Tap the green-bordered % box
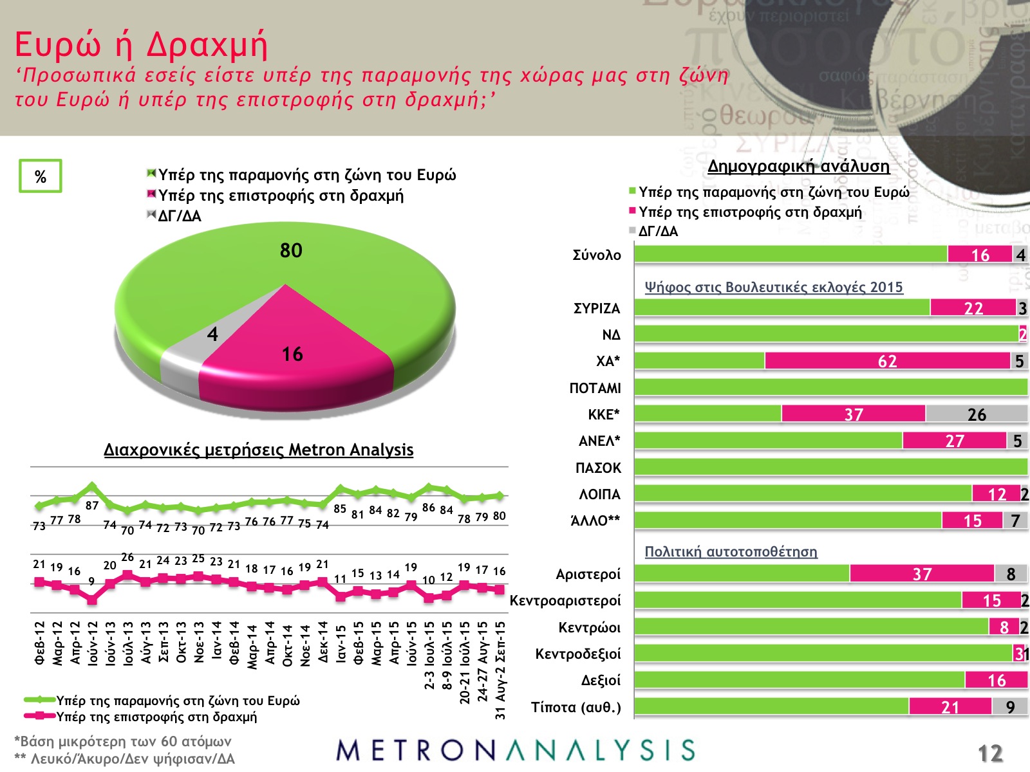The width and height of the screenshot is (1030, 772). tap(40, 176)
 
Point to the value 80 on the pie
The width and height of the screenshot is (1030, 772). tap(291, 250)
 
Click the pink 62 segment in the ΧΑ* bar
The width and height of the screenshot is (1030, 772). tap(887, 361)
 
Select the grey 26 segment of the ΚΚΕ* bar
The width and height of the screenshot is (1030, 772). tap(976, 414)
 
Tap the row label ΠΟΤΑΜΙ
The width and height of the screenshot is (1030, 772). tap(595, 388)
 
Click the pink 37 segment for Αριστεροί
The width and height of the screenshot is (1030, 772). tap(922, 574)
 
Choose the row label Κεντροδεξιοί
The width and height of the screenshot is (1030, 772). tap(578, 654)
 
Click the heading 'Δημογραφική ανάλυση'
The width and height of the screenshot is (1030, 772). tap(798, 166)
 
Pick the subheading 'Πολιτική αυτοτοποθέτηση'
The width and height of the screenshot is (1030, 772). tap(731, 551)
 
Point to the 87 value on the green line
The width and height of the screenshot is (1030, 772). tap(92, 506)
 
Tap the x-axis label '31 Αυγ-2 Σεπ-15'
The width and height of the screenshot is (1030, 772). tap(500, 670)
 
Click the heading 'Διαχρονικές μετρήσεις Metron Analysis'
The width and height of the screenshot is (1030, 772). tap(258, 450)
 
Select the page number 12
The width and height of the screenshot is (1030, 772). tap(990, 753)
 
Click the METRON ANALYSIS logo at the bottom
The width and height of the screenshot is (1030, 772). tap(515, 750)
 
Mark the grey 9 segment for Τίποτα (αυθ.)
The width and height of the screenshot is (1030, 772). tap(1009, 707)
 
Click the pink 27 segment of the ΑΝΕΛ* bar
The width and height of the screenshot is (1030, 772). tap(954, 441)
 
